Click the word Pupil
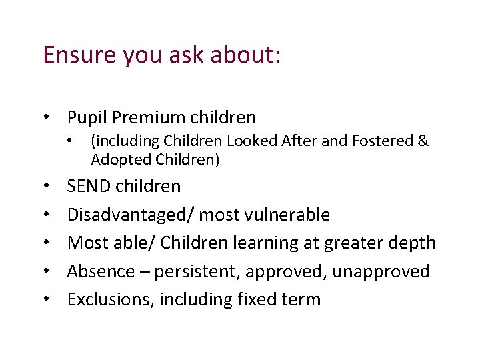[x=87, y=118]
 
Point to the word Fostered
[x=383, y=141]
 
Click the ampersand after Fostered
[x=423, y=141]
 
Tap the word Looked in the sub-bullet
[x=250, y=141]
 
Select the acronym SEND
[x=89, y=186]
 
